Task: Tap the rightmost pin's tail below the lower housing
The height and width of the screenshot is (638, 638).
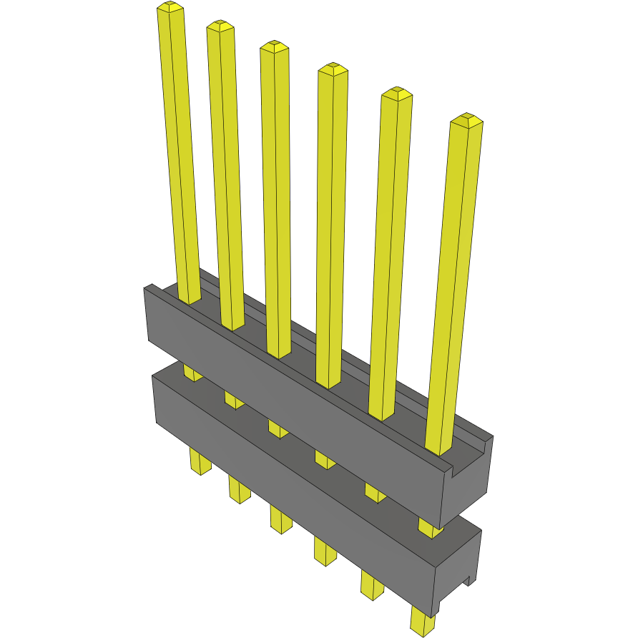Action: click(423, 622)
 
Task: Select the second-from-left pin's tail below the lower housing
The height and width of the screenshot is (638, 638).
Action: click(240, 490)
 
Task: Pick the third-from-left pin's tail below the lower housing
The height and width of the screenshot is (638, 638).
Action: click(281, 519)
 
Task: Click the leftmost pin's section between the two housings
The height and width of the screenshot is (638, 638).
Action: click(192, 373)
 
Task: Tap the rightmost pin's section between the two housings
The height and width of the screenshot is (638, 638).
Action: click(430, 529)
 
